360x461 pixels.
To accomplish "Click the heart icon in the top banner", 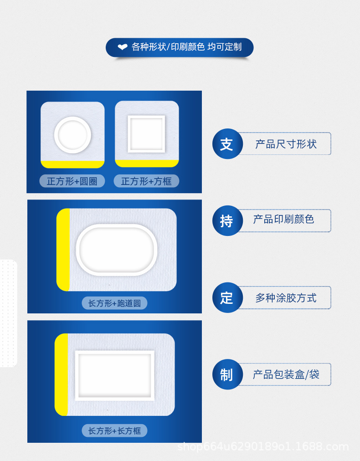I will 123,47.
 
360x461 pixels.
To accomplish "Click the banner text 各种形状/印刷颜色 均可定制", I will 186,47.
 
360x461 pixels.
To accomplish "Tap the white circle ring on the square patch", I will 72,135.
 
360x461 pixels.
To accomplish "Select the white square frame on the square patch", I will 146,134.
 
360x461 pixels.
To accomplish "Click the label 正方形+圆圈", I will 72,181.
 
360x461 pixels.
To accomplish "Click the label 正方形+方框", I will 146,181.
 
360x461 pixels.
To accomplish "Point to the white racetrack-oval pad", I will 117,250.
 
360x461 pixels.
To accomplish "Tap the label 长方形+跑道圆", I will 114,303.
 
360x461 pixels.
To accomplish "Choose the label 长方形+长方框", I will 114,430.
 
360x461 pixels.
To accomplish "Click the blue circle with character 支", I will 226,144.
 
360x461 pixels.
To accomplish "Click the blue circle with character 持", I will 226,221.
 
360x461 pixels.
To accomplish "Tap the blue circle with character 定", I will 226,298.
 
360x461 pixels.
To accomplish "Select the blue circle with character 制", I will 226,375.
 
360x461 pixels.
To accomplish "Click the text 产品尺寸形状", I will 286,144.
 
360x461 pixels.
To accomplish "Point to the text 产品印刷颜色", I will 284,220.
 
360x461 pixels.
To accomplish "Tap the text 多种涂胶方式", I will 286,298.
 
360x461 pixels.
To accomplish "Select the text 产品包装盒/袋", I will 286,375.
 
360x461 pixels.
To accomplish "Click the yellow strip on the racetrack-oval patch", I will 63,250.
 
